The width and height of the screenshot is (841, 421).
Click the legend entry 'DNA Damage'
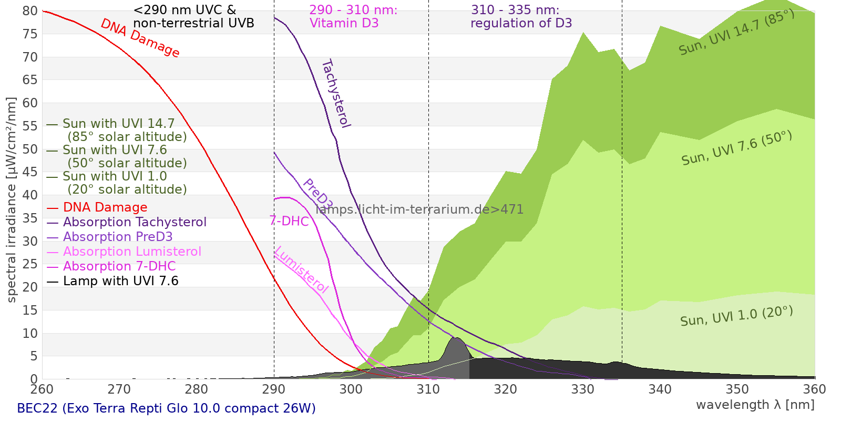click(x=105, y=207)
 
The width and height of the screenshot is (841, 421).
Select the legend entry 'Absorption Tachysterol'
click(x=135, y=222)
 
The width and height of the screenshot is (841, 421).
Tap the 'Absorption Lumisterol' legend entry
click(x=132, y=252)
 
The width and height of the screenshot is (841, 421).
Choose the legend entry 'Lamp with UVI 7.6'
click(x=120, y=281)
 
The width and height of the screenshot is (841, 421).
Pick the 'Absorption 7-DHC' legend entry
click(x=119, y=266)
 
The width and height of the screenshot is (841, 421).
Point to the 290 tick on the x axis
click(x=274, y=389)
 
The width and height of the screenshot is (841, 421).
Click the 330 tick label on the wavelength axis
click(x=583, y=389)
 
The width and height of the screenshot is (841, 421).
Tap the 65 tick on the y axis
click(x=30, y=80)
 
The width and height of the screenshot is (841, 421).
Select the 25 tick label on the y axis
click(x=30, y=264)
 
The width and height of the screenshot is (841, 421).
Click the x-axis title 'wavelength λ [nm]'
click(x=755, y=405)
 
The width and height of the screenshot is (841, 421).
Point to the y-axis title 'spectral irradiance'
click(x=12, y=200)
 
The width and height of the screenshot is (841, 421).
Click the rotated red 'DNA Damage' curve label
click(x=140, y=38)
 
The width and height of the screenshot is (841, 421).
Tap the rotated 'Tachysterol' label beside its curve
click(x=335, y=94)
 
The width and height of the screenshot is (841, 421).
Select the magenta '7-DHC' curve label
click(x=289, y=221)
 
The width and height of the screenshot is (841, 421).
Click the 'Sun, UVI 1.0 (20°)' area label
click(x=736, y=316)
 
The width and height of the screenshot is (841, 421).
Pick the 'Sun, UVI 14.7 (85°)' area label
click(x=736, y=33)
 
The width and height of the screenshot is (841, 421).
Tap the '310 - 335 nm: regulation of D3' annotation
click(x=520, y=17)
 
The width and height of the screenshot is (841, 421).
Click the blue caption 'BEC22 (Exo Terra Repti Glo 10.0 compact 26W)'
click(x=166, y=408)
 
